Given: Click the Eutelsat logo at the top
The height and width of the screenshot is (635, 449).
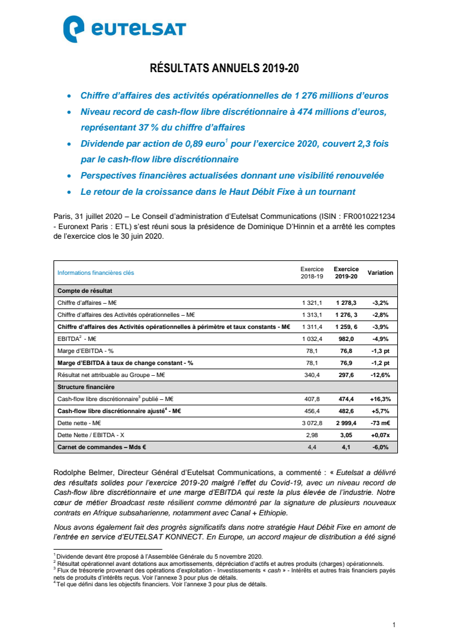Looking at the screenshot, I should (x=125, y=29).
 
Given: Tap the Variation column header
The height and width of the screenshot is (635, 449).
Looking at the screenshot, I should (x=380, y=273).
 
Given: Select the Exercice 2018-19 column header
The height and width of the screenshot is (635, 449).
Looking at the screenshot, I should (x=312, y=273).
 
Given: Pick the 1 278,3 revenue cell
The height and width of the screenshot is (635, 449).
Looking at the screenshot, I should (x=346, y=302).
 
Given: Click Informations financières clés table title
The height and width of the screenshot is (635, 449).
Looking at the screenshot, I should (x=96, y=273).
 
